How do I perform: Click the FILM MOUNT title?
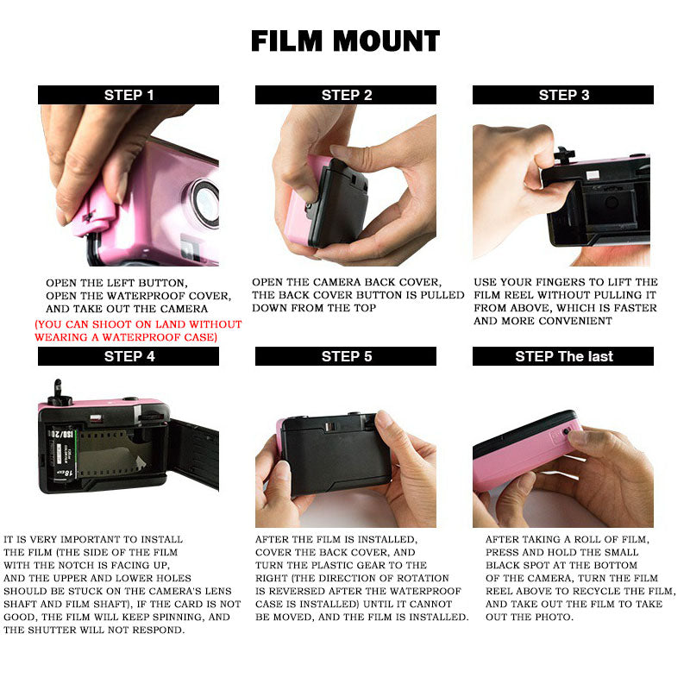point(346,41)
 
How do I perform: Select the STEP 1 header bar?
point(129,95)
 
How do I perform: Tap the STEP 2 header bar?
point(346,95)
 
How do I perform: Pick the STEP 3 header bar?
point(563,95)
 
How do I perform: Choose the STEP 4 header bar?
point(129,356)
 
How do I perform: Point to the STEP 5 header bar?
point(346,356)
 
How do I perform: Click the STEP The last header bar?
point(563,356)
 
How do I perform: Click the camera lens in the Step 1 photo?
point(205,204)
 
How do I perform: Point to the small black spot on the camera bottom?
point(567,431)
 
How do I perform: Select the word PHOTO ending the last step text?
point(552,617)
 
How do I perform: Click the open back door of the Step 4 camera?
point(193,454)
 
